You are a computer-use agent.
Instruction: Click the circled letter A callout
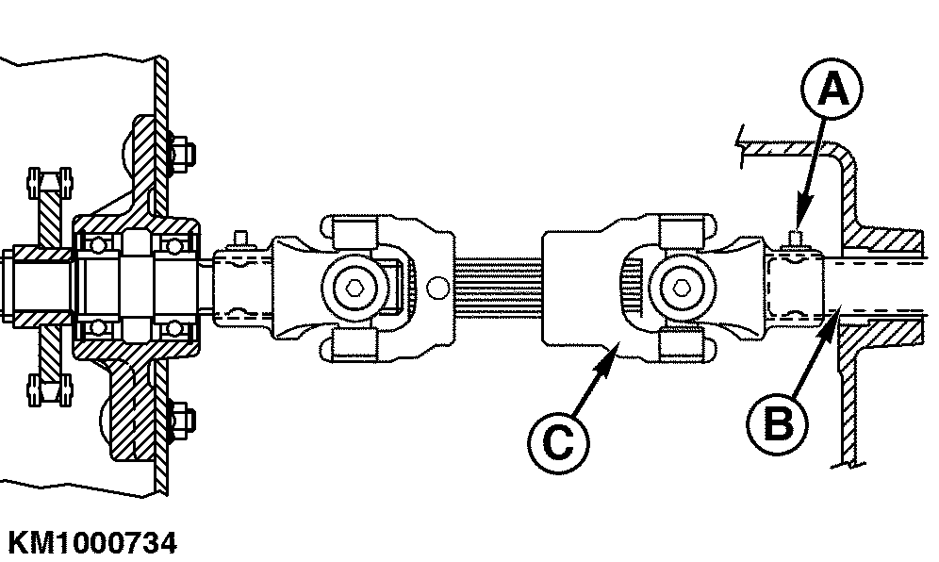(x=832, y=90)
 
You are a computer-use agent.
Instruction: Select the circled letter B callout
(x=777, y=423)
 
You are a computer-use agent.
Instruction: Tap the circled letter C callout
(x=558, y=443)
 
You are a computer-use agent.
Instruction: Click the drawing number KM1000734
(x=92, y=543)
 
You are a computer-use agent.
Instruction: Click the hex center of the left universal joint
(x=354, y=289)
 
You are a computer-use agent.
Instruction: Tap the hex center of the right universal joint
(x=681, y=289)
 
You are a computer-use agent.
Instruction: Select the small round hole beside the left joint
(x=437, y=288)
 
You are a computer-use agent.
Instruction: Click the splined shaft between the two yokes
(x=498, y=288)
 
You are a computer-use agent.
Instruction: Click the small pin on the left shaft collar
(x=240, y=238)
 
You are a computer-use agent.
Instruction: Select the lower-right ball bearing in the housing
(x=173, y=328)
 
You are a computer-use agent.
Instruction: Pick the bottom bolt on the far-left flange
(x=50, y=390)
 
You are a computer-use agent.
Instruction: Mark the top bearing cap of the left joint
(x=354, y=233)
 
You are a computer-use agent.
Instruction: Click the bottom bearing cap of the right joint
(x=681, y=344)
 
